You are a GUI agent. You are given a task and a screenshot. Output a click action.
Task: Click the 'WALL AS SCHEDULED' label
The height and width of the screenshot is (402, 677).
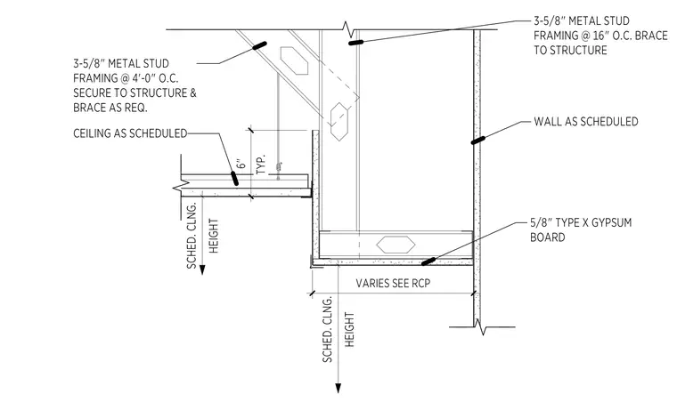[x=586, y=122]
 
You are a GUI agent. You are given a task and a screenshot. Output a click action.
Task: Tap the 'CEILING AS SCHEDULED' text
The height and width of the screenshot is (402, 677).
[x=130, y=133]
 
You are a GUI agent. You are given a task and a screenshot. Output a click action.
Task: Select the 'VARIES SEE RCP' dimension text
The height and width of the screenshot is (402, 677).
[x=393, y=283]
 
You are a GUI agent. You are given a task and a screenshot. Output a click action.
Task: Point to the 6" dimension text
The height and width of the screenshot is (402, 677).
[x=241, y=165]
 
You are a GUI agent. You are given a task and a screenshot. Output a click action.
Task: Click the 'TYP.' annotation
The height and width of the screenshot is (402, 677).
[x=261, y=165]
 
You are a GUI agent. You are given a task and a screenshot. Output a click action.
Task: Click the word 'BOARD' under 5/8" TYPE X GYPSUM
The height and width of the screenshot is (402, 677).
[x=548, y=237]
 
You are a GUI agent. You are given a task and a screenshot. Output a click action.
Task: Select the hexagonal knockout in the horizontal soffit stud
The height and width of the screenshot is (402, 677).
[x=396, y=245]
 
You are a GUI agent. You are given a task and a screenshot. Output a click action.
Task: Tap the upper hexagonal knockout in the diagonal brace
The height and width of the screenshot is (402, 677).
[x=295, y=60]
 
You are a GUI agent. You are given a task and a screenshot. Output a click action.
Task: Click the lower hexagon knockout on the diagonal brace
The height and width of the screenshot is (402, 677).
[x=339, y=122]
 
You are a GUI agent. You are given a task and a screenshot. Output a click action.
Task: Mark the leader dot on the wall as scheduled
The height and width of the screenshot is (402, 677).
[x=477, y=140]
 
